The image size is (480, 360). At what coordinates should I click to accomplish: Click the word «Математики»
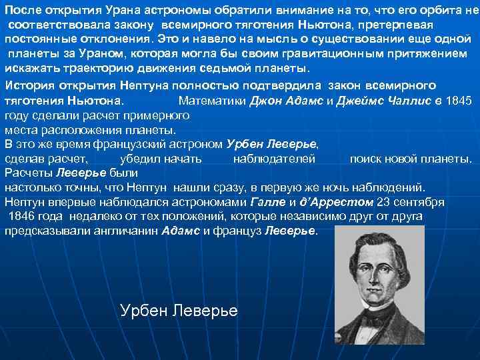pos(213,100)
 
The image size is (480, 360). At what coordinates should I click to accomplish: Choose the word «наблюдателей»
pos(273,159)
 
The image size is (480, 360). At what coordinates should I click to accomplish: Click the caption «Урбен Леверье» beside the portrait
pos(179,311)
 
